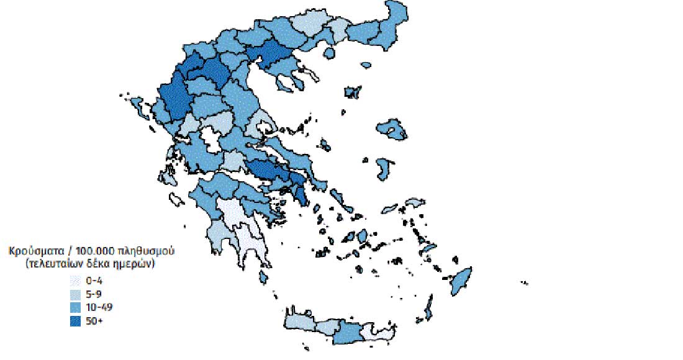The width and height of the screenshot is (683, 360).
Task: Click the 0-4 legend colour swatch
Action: [x=75, y=280]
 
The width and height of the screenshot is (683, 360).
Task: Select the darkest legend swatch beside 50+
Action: [x=75, y=321]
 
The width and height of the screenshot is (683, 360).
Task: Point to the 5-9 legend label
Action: [x=95, y=294]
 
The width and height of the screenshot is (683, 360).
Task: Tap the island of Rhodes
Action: [x=459, y=281]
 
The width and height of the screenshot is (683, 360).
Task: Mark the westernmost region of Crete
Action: [x=299, y=321]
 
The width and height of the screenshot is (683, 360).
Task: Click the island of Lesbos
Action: [x=391, y=128]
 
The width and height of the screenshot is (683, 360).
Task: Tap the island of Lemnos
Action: [x=353, y=92]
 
